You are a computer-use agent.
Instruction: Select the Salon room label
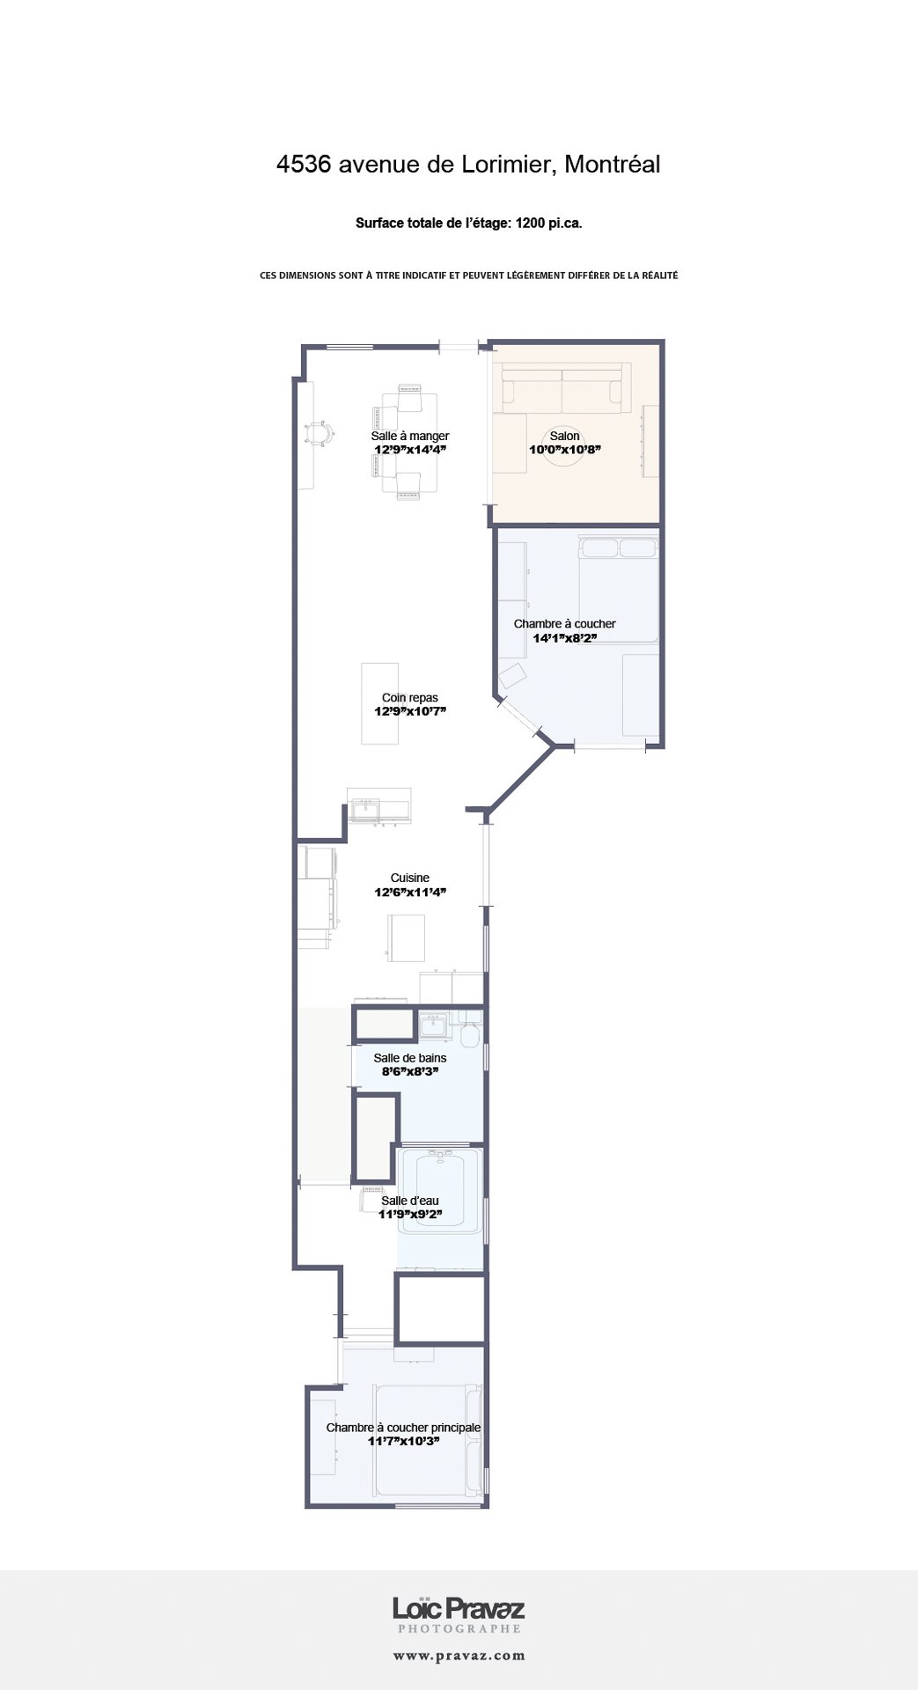tap(565, 436)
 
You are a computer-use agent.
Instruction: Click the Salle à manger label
tap(410, 436)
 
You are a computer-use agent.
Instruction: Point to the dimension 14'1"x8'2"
tap(565, 638)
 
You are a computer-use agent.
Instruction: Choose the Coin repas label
tap(410, 698)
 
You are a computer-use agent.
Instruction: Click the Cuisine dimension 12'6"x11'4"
tap(410, 893)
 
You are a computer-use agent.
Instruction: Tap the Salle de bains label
tap(410, 1058)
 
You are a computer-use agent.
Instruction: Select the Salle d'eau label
tap(410, 1201)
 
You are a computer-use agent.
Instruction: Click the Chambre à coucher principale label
tap(403, 1428)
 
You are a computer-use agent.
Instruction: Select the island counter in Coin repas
tap(380, 704)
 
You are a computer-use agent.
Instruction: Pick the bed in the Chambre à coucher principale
tap(429, 1440)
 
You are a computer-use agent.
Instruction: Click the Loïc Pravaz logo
tap(459, 1610)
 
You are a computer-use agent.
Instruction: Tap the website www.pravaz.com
tap(459, 1656)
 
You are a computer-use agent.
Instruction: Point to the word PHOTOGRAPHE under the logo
tap(459, 1629)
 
